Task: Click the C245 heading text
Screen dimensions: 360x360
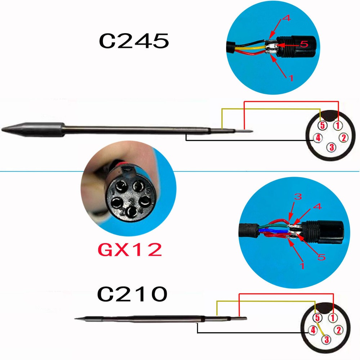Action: (x=134, y=41)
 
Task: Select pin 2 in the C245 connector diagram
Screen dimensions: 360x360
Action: (x=343, y=137)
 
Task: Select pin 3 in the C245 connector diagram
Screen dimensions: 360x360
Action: (x=332, y=147)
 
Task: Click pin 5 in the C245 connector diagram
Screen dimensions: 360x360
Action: (x=323, y=126)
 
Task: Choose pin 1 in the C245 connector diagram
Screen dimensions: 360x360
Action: (x=338, y=126)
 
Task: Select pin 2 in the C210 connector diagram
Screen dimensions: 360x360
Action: (x=339, y=329)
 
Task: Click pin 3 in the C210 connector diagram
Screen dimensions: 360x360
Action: (x=327, y=339)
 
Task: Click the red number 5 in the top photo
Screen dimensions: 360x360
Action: (x=303, y=44)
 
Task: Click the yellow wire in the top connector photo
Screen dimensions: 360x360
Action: (x=248, y=47)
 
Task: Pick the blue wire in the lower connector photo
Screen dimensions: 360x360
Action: (x=270, y=230)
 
